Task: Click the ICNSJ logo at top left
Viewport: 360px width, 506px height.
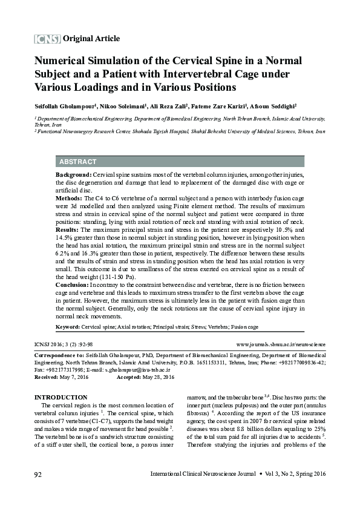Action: coord(47,40)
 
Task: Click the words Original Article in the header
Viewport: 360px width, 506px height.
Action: coord(87,40)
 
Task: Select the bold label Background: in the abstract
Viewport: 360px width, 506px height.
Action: coord(73,174)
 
